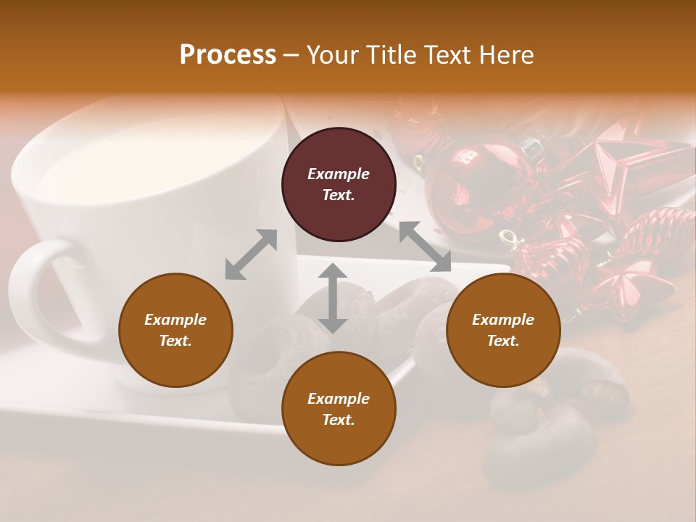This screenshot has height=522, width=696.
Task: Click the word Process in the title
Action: tap(228, 55)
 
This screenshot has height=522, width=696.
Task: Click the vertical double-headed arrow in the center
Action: tap(333, 298)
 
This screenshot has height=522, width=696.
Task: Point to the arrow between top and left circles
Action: tap(251, 254)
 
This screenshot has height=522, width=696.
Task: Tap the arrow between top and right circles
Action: tap(425, 247)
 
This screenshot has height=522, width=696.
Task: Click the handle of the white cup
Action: tap(33, 290)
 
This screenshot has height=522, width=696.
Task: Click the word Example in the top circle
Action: tap(339, 174)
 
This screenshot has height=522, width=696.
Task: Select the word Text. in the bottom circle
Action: tap(339, 420)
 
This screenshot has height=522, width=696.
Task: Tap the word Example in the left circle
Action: tap(175, 320)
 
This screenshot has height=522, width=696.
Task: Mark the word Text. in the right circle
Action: tap(502, 341)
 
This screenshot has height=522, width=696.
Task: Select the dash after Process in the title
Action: tap(291, 55)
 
